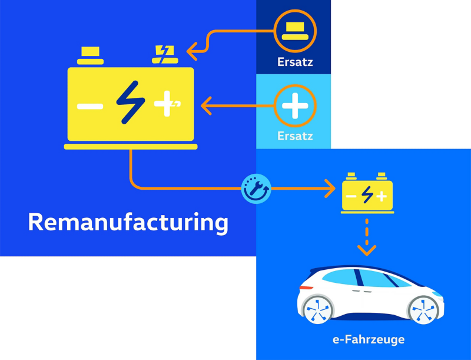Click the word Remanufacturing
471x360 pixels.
point(128,223)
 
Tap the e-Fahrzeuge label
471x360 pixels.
point(368,339)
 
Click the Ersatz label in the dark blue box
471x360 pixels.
point(295,62)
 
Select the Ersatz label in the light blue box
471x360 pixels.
point(295,136)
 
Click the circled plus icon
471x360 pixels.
point(295,106)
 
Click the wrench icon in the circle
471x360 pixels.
point(257,189)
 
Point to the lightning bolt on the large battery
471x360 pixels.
point(130,102)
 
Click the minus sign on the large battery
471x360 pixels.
point(90,106)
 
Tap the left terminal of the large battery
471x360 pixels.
point(90,55)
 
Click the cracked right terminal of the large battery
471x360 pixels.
point(163,55)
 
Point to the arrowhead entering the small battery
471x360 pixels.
point(330,189)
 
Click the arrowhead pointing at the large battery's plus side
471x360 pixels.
point(206,107)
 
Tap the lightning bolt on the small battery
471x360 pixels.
point(367,194)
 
